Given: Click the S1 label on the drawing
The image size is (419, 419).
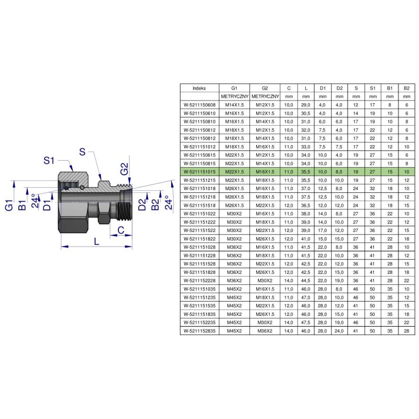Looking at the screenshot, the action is [49, 161].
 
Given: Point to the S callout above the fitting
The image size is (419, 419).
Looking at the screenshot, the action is [82, 152].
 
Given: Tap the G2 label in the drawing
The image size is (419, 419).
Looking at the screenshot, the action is [125, 169].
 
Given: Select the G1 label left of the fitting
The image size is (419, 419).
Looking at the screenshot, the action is [9, 205].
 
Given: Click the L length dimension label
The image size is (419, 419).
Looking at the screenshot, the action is [96, 241].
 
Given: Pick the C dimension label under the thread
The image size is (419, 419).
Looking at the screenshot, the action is [121, 230].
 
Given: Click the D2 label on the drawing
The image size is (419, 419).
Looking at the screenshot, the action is [142, 204].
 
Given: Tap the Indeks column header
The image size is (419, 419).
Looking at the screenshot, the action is [200, 88].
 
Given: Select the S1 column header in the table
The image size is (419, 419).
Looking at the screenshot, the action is [372, 88].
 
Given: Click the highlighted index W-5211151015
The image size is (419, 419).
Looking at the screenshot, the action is [200, 172].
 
